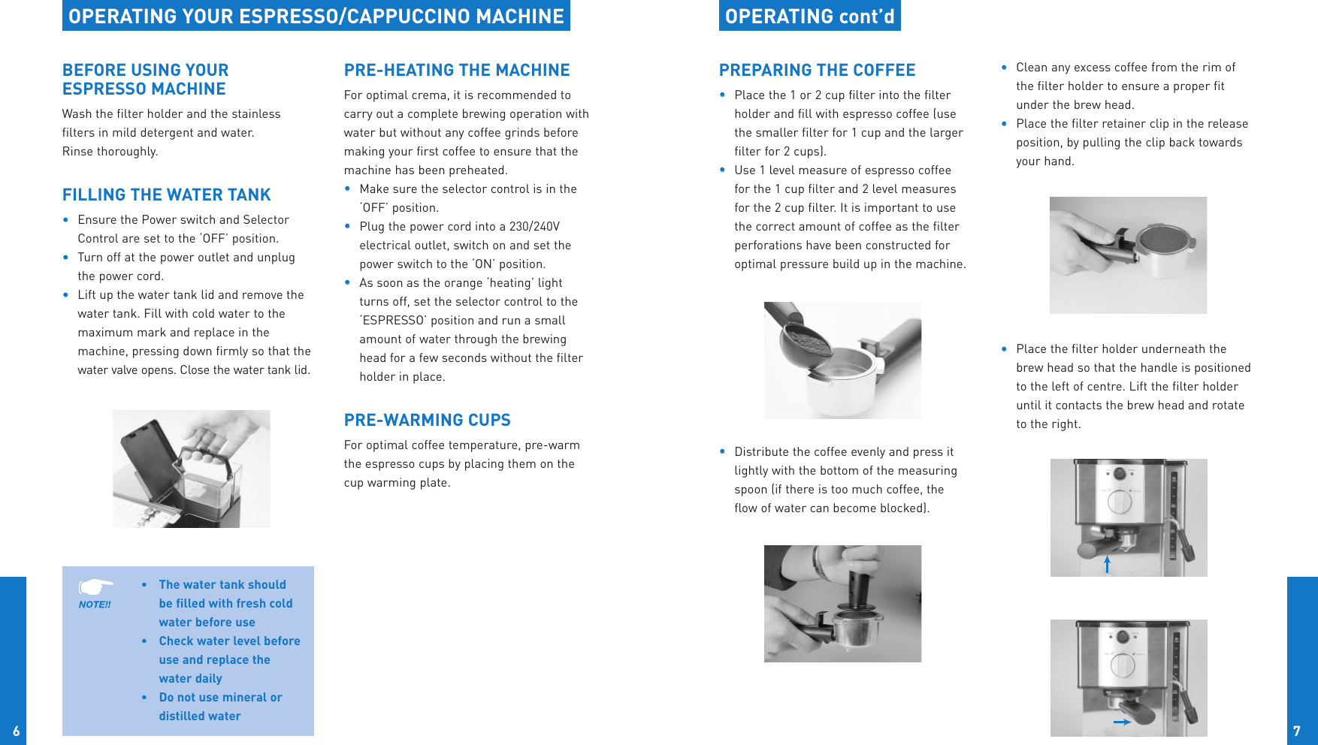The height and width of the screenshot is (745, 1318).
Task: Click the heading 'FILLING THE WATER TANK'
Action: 166,195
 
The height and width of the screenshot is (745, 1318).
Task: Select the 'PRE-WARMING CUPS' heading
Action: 427,421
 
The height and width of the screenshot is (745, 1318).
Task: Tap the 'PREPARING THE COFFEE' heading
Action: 817,71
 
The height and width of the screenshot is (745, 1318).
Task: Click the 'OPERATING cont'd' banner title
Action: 809,17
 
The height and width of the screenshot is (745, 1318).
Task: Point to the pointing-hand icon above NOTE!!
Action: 95,586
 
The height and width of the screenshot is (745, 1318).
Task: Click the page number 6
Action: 16,731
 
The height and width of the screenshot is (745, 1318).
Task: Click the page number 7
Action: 1296,731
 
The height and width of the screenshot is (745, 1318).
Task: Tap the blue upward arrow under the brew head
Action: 1107,564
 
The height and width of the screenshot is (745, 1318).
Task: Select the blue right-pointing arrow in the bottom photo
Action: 1122,722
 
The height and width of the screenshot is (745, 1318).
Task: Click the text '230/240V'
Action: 534,227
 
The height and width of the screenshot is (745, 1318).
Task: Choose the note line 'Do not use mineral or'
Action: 220,698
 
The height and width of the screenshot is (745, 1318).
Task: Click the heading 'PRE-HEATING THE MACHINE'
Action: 457,71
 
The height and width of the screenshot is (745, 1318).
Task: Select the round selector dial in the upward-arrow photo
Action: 1120,501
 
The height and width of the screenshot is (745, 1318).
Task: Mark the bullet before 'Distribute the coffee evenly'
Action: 722,452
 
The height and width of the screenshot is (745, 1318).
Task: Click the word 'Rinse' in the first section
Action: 77,152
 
